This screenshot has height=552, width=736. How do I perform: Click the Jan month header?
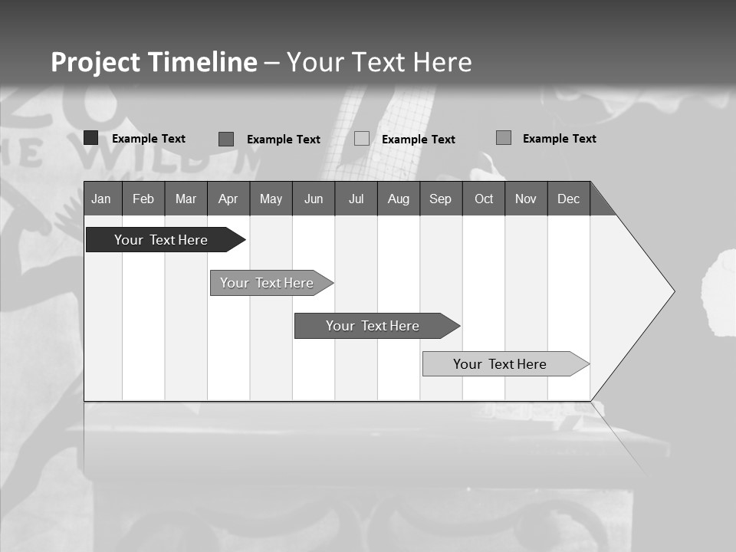click(x=101, y=199)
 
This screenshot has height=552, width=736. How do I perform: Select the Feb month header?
click(x=143, y=199)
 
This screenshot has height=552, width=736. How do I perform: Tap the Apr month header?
click(x=228, y=199)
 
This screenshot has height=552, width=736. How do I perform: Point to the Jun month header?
click(x=314, y=199)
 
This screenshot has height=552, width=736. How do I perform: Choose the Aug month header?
click(x=398, y=199)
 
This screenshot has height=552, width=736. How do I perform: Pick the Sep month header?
click(x=440, y=199)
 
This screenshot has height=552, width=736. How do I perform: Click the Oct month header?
click(x=484, y=199)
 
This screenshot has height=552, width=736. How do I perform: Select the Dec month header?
click(x=568, y=199)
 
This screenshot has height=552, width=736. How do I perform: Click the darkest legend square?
click(x=90, y=138)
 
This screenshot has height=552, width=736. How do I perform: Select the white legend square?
click(x=362, y=139)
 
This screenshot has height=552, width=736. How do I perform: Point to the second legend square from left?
click(x=226, y=139)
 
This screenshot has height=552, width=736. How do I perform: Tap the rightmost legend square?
click(x=504, y=138)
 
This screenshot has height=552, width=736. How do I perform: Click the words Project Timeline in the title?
click(x=154, y=62)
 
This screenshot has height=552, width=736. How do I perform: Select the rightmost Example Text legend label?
click(x=559, y=139)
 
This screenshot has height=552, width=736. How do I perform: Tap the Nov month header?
click(x=526, y=199)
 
